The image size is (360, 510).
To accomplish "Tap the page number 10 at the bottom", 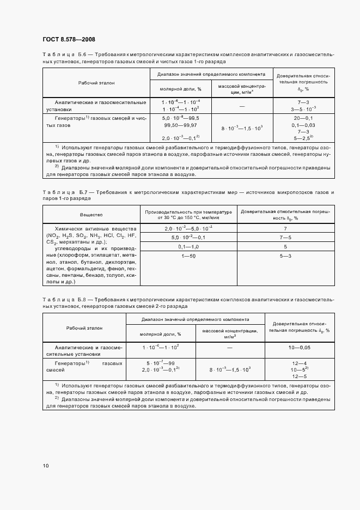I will pos(46,465).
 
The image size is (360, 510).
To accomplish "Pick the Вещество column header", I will pos(91,215).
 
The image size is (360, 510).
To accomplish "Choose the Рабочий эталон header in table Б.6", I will pos(96,82).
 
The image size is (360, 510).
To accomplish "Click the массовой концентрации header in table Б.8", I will pos(229,333).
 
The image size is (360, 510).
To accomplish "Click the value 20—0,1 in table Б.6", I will pos(303,118).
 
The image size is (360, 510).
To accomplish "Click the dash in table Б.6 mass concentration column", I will pos(241,106).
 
